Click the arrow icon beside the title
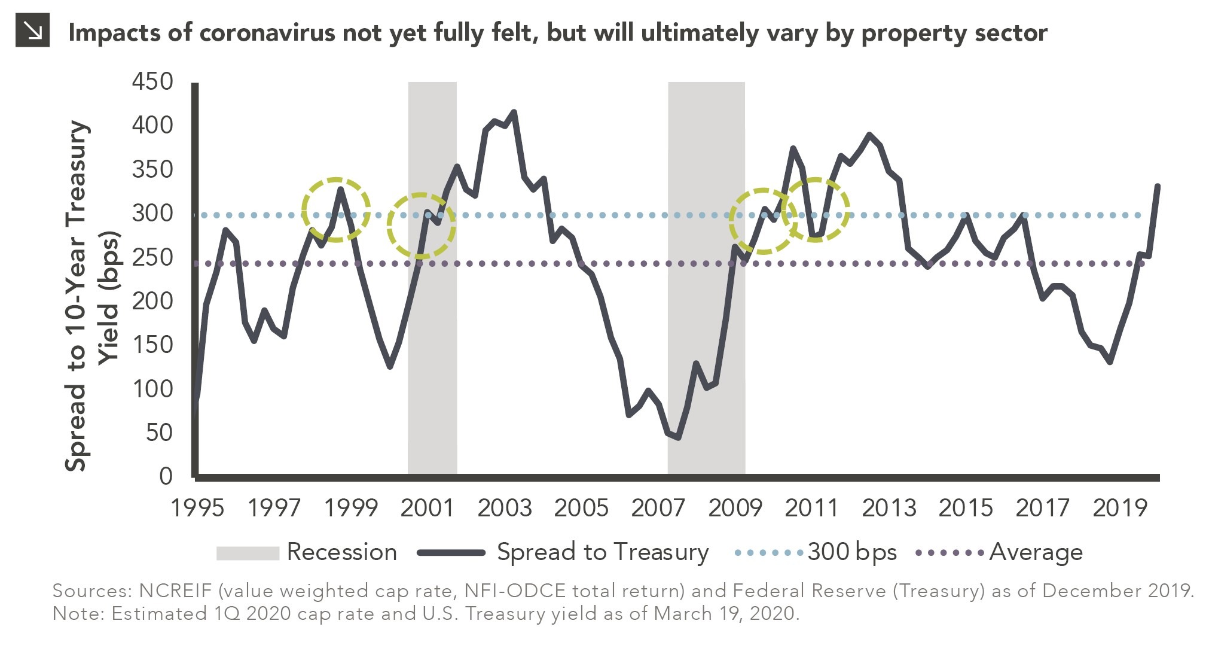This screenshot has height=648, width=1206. [32, 32]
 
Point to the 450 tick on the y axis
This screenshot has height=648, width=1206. [152, 81]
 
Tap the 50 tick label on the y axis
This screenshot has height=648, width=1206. [158, 432]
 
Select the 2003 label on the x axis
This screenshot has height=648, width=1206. [504, 508]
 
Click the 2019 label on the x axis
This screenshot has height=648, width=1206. [1119, 508]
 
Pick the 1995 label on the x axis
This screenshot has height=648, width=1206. [197, 508]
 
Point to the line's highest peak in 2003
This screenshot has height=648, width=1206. [514, 112]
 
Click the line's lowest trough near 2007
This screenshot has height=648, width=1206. [678, 437]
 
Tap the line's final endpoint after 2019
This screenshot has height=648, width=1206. [1158, 186]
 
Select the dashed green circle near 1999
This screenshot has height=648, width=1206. [336, 210]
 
